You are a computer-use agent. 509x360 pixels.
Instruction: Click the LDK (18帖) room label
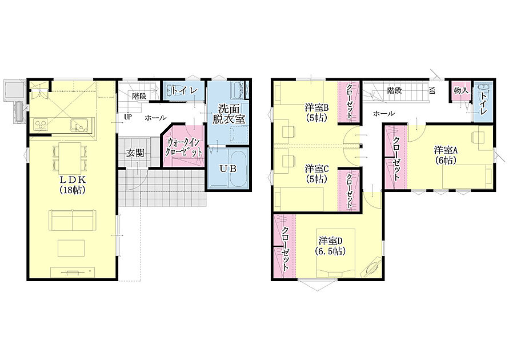coord(73,185)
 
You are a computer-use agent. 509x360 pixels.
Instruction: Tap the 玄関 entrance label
coord(135,153)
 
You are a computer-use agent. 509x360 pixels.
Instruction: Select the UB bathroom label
coord(228,169)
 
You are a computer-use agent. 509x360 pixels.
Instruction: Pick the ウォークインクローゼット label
coord(184,147)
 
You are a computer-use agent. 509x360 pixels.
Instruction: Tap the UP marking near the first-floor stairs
coord(128,117)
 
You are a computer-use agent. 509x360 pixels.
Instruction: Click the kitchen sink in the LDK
coord(78,125)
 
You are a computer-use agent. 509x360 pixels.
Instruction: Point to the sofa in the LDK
coord(73,220)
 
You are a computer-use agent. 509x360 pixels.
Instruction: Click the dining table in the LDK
coord(70,159)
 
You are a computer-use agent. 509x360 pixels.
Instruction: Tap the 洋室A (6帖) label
coord(446,155)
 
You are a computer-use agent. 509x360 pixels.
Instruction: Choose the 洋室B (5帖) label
coord(317,113)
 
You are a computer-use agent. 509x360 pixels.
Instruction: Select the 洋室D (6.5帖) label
coord(330,246)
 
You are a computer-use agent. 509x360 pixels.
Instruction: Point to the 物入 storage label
coord(461,90)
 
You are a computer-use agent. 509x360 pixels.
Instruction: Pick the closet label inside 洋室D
coord(285,249)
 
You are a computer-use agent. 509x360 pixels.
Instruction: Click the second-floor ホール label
coord(384,113)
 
